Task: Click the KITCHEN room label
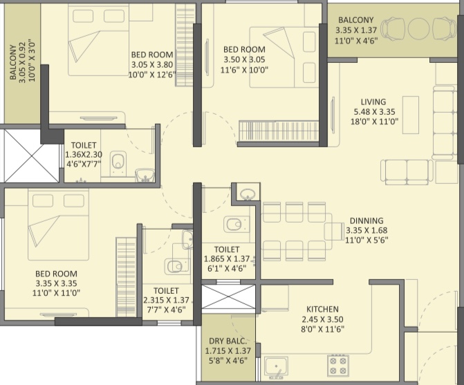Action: pyautogui.click(x=322, y=309)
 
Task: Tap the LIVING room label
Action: pyautogui.click(x=373, y=102)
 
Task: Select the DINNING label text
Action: pyautogui.click(x=366, y=220)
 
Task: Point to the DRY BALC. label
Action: pyautogui.click(x=228, y=341)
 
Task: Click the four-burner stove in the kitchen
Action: pyautogui.click(x=338, y=366)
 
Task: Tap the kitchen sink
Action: pyautogui.click(x=277, y=367)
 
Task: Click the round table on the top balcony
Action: pyautogui.click(x=418, y=28)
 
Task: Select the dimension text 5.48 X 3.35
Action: pyautogui.click(x=375, y=112)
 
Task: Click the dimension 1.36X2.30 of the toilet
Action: pyautogui.click(x=84, y=154)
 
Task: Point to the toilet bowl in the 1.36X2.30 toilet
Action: pyautogui.click(x=119, y=161)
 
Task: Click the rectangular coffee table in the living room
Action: pyautogui.click(x=411, y=115)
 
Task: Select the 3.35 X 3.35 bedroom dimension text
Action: pyautogui.click(x=56, y=283)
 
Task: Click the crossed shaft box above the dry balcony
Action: pyautogui.click(x=228, y=297)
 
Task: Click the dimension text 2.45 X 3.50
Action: pyautogui.click(x=322, y=319)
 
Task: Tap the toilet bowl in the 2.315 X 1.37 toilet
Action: pyautogui.click(x=177, y=265)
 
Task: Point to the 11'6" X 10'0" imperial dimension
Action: pyautogui.click(x=244, y=70)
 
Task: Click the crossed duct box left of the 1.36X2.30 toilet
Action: pyautogui.click(x=30, y=156)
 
